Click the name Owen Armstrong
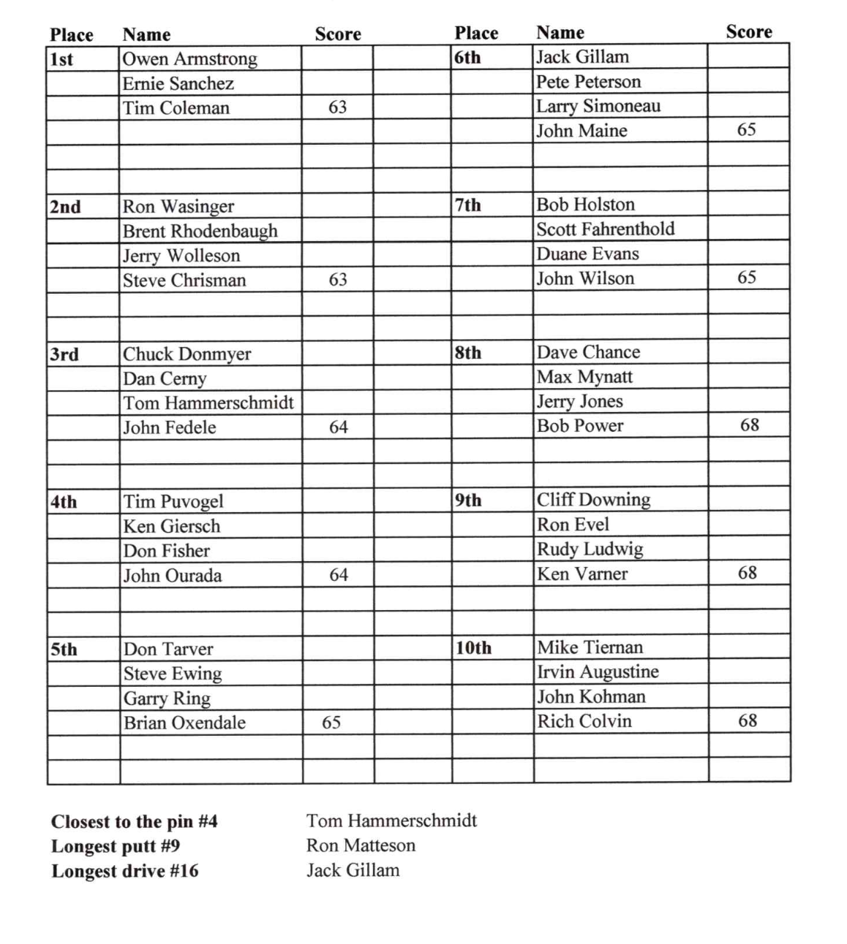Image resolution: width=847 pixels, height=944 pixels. point(189,59)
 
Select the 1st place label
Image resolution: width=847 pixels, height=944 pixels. point(61,59)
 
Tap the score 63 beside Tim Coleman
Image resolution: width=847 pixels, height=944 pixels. point(337,107)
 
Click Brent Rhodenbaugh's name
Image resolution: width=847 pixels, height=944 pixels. point(200,231)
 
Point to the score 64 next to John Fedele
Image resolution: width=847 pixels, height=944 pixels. point(338,427)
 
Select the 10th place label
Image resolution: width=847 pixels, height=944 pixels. point(473,648)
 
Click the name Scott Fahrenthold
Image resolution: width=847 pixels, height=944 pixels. point(605,229)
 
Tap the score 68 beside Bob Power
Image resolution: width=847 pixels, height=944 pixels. point(749,425)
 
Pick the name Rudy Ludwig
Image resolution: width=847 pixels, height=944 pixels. point(590,549)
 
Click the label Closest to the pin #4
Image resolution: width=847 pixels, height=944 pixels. point(135,822)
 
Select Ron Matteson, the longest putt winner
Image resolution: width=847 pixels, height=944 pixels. point(361,845)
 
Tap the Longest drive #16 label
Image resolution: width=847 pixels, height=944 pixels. point(124,871)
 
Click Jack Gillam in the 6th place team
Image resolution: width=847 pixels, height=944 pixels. point(582,57)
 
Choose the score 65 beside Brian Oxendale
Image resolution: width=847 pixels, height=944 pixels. point(331,723)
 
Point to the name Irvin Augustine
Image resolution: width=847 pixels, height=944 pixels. point(598,672)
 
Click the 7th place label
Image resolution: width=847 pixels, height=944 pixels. point(468,205)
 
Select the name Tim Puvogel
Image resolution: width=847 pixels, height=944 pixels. point(173,502)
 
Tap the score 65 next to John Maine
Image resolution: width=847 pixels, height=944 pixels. point(746,130)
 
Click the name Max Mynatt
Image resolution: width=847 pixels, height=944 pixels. point(584,377)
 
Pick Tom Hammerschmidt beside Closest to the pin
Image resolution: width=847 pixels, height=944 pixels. point(391,821)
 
